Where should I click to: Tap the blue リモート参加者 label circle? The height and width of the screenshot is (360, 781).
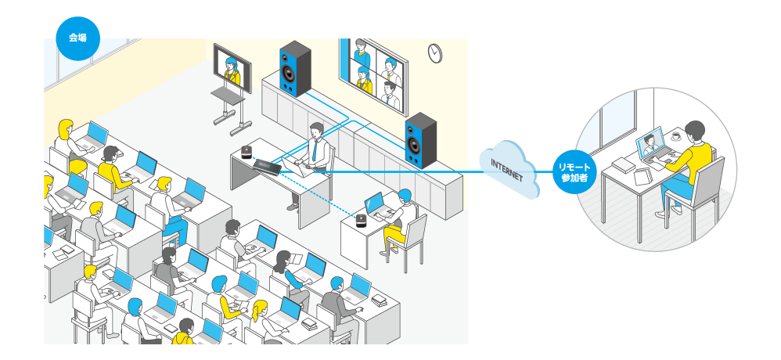[574, 171]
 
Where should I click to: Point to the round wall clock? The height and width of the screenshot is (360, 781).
[435, 52]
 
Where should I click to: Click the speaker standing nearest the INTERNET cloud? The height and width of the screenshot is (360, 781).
[420, 139]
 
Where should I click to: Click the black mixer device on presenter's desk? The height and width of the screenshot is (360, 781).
[266, 166]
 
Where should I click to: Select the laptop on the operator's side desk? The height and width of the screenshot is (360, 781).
[375, 205]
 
